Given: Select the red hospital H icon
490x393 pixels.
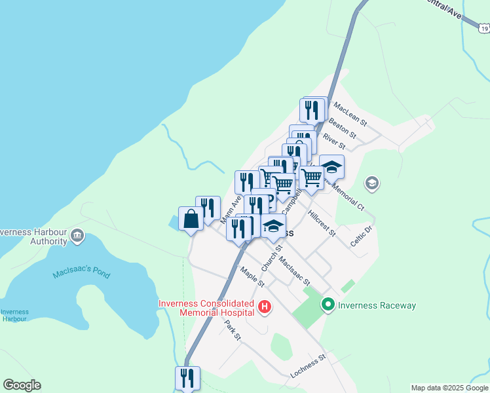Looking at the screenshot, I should [x=265, y=307].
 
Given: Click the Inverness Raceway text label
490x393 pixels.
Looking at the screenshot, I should [x=377, y=305].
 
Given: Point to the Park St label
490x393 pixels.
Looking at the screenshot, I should [x=233, y=331].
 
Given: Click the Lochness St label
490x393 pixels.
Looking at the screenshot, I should [x=308, y=368].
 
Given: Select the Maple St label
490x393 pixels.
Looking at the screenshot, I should [x=252, y=277].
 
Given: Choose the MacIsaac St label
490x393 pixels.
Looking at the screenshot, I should [x=293, y=271].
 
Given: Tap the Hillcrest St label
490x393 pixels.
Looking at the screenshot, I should [x=321, y=223].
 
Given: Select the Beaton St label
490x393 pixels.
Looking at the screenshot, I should [x=342, y=128].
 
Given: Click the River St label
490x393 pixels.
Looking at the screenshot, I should [x=333, y=141].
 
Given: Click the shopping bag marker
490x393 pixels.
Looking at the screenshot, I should [x=191, y=219].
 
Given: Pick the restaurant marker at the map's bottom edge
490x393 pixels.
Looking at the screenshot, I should [x=187, y=378].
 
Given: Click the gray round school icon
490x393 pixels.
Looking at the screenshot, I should [x=372, y=183].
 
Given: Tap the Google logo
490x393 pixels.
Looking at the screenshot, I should [x=22, y=385].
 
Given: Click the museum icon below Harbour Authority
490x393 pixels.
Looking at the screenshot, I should [x=77, y=235].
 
